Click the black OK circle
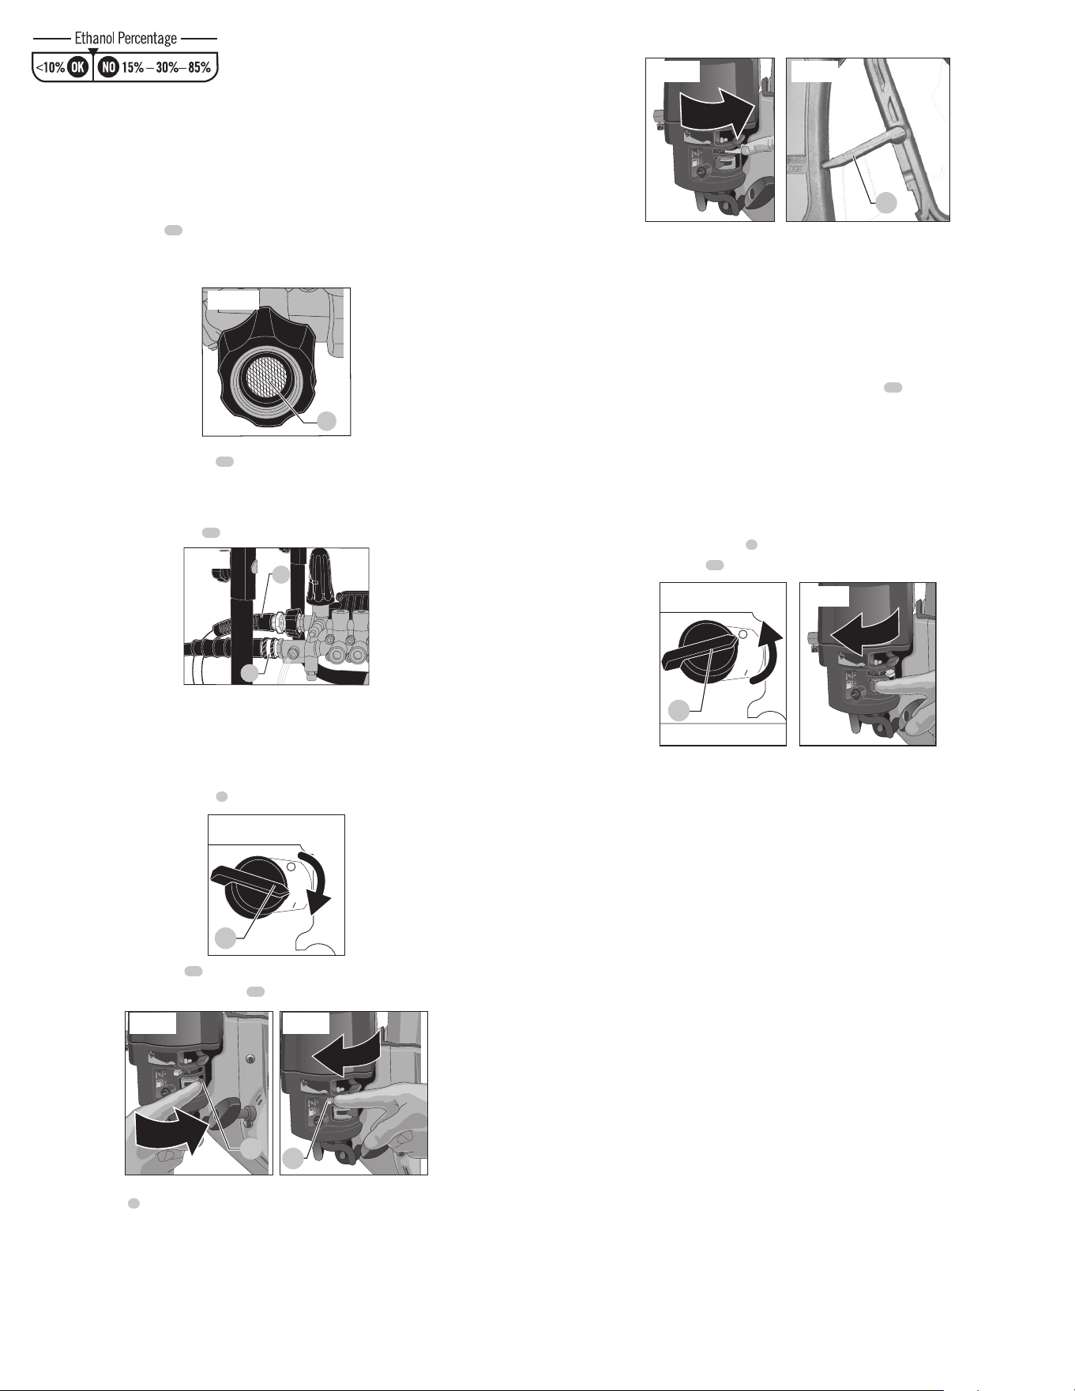click(x=77, y=67)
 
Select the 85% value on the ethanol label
click(x=199, y=67)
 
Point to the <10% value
click(x=51, y=67)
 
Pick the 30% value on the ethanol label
click(x=167, y=67)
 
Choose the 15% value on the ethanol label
click(x=133, y=67)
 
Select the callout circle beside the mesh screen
click(x=327, y=421)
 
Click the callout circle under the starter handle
click(x=887, y=202)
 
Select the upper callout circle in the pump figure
click(x=281, y=576)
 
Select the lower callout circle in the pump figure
click(x=250, y=673)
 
